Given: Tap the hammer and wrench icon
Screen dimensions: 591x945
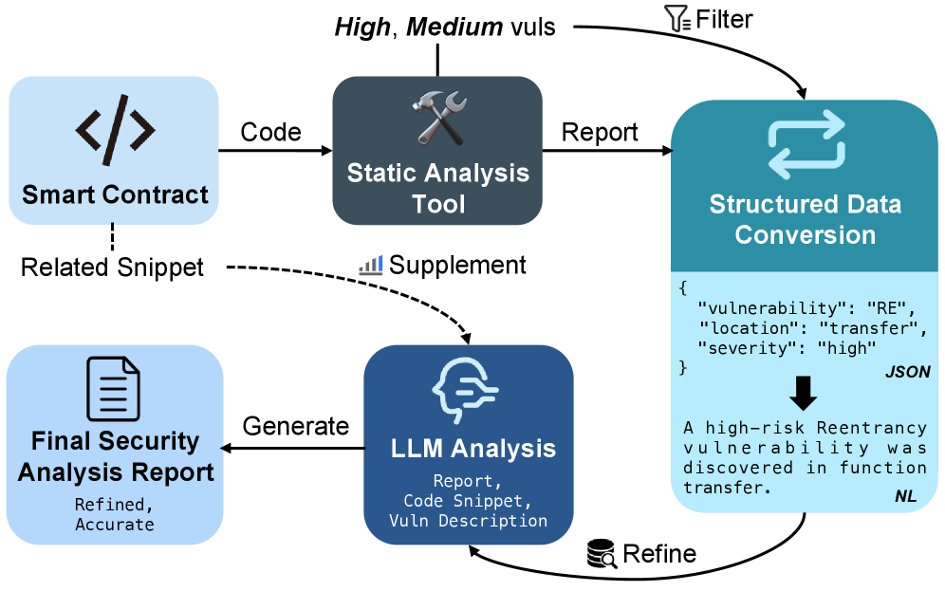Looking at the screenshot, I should click(437, 118).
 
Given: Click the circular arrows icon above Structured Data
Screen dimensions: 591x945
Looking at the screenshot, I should click(806, 144).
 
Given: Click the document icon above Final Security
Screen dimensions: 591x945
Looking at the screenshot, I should click(114, 389).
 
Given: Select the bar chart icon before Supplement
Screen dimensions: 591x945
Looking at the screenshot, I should click(370, 266).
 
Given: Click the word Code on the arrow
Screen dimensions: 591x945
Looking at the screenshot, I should click(270, 133).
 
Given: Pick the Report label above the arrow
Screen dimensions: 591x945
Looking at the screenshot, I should click(600, 133).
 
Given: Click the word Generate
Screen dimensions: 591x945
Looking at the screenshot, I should click(296, 427).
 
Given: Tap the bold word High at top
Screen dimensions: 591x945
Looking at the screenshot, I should click(361, 28).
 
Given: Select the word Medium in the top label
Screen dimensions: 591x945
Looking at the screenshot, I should click(454, 28).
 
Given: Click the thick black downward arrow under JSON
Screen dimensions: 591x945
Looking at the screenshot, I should click(805, 392).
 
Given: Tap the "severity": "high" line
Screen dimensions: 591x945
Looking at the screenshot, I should click(786, 348).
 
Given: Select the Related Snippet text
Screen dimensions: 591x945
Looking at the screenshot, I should click(112, 268).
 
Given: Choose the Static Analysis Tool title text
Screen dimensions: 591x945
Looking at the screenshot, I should click(437, 188).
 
